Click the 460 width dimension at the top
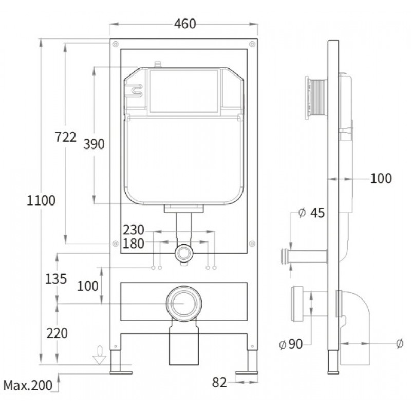185,24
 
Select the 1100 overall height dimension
41,200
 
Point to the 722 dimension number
66,137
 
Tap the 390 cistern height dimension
94,144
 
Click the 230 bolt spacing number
134,230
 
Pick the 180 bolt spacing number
134,244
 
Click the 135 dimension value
56,278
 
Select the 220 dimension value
57,333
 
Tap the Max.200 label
28,386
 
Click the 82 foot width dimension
219,382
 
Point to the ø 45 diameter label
312,213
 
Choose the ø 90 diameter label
291,344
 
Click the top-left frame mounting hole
115,44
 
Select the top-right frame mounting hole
252,44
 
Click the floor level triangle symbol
100,359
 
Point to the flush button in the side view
316,98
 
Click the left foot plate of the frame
121,372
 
